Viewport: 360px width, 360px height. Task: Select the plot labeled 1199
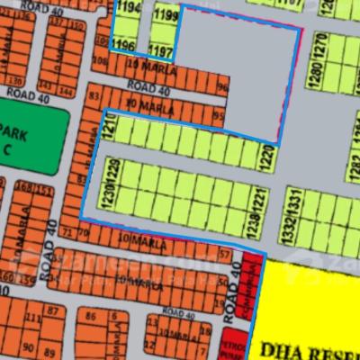tap(165, 15)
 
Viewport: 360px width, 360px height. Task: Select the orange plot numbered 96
tap(222, 87)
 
